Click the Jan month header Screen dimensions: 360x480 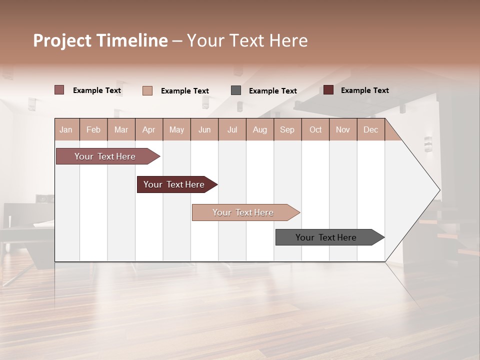tap(66, 130)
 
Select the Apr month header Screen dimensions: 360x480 tap(149, 130)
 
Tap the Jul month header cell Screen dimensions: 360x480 tap(232, 130)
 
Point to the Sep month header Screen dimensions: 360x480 tap(287, 130)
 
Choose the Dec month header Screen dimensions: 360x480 tap(370, 130)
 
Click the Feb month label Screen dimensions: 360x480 tap(93, 130)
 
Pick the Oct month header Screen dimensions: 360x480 tap(315, 130)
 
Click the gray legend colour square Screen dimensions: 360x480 tap(236, 90)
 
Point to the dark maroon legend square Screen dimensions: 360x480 tap(328, 90)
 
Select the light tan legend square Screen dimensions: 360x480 tap(147, 90)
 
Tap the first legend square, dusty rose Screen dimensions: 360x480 tap(59, 90)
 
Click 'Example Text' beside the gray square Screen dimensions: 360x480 tap(273, 91)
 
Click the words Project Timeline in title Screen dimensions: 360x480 tap(100, 40)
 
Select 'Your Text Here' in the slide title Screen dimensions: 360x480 tap(247, 40)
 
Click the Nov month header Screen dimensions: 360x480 tap(343, 130)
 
